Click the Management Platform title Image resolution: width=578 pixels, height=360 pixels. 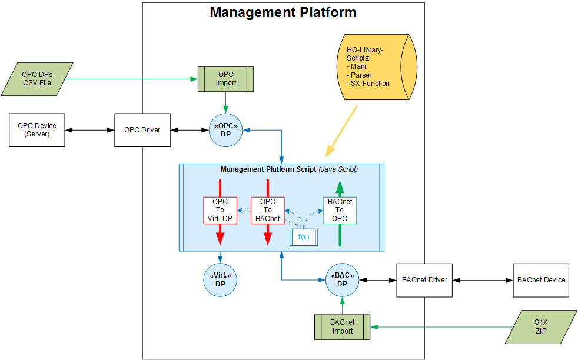pyautogui.click(x=283, y=12)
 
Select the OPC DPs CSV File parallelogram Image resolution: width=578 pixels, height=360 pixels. pyautogui.click(x=36, y=79)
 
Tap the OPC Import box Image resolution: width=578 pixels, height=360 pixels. pyautogui.click(x=226, y=79)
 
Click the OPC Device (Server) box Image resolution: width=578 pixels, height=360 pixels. pyautogui.click(x=37, y=130)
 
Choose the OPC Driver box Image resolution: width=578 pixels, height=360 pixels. pyautogui.click(x=142, y=130)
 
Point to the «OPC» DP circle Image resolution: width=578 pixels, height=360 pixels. pyautogui.click(x=226, y=130)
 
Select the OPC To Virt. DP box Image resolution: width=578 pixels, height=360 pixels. pyautogui.click(x=220, y=210)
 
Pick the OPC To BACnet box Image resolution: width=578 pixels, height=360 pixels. pyautogui.click(x=268, y=210)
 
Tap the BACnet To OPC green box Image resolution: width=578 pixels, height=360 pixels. pyautogui.click(x=340, y=210)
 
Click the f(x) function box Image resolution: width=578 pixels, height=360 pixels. pyautogui.click(x=304, y=237)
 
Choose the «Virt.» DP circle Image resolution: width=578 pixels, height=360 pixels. pyautogui.click(x=220, y=279)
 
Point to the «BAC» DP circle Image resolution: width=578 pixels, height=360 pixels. pyautogui.click(x=343, y=279)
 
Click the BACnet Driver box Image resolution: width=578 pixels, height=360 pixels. pyautogui.click(x=424, y=279)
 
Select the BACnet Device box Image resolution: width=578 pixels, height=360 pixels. pyautogui.click(x=541, y=279)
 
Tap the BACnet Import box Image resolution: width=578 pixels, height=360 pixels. pyautogui.click(x=343, y=326)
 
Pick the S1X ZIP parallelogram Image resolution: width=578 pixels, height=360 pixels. pyautogui.click(x=541, y=326)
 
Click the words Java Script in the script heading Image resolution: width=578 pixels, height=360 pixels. pyautogui.click(x=338, y=169)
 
